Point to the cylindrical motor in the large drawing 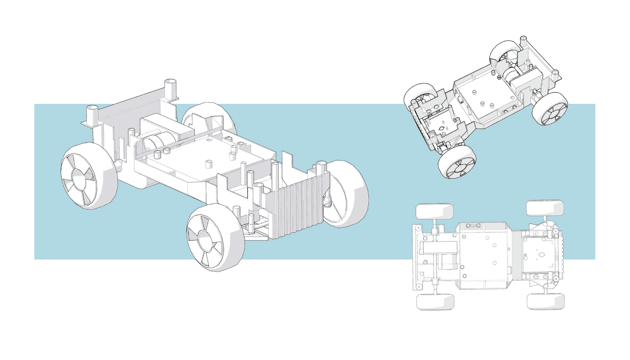point(153,143)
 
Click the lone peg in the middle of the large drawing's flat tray point(208,164)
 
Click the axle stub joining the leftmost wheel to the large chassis point(118,166)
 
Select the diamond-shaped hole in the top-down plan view point(541,257)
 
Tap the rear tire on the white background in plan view point(434,302)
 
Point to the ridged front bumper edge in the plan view point(561,256)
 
